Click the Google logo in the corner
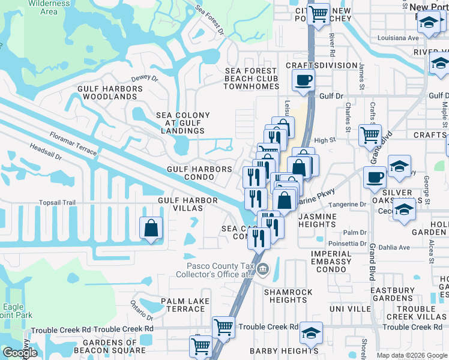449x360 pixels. point(20,353)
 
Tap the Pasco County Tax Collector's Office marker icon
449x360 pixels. point(263,270)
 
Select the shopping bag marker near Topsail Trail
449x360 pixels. point(151,229)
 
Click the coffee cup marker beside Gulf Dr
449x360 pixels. point(303,79)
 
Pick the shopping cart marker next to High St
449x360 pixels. point(370,135)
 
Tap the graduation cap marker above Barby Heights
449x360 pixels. point(311,332)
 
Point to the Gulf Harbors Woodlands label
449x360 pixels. point(110,92)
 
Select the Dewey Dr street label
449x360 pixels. point(144,78)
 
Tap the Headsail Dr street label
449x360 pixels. point(46,148)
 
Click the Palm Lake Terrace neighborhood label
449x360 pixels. point(185,305)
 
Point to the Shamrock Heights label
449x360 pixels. point(288,296)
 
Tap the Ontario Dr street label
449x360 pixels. point(142,312)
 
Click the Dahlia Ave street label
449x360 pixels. point(393,247)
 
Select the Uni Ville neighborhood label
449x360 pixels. point(351,308)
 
